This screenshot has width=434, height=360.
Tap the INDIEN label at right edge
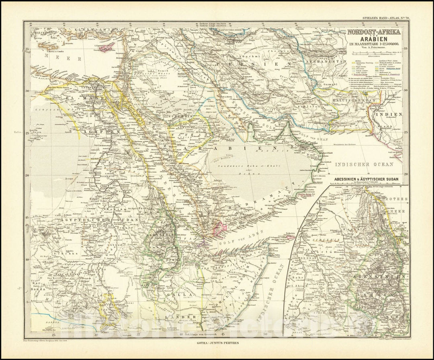pos(389,115)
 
